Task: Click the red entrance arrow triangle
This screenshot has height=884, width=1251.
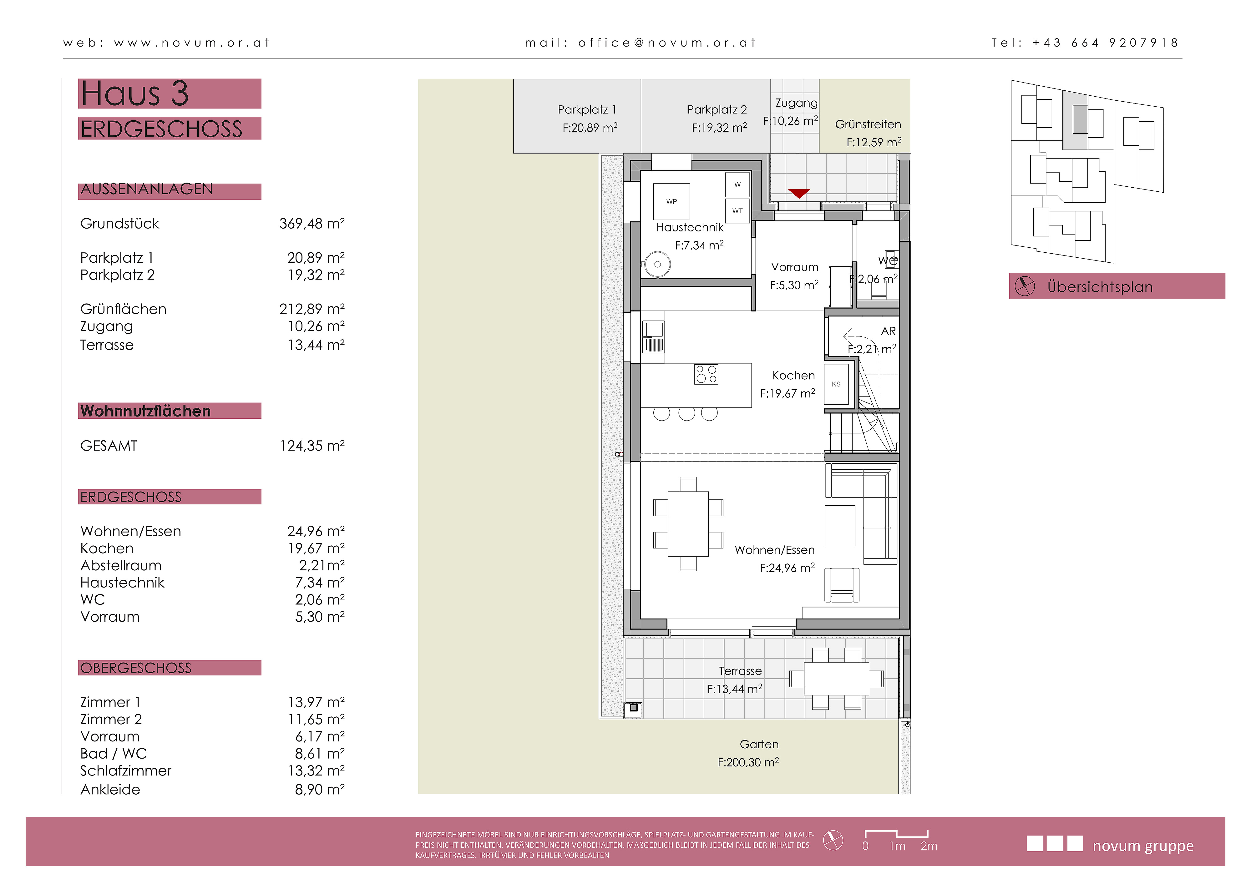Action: [799, 193]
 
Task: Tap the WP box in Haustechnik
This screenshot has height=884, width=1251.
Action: [672, 201]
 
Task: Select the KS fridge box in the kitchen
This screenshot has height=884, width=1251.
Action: [836, 384]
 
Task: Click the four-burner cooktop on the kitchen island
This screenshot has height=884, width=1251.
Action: [706, 374]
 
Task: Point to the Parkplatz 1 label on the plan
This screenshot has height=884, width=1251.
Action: [587, 109]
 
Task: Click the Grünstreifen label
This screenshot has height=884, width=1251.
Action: [868, 124]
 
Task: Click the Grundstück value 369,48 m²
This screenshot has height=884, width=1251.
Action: [312, 223]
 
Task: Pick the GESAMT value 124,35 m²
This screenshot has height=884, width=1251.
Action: [312, 446]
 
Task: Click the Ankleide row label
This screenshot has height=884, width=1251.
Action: [110, 789]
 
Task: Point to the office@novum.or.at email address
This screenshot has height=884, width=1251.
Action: [667, 43]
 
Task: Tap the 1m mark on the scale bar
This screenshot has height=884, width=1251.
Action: [897, 846]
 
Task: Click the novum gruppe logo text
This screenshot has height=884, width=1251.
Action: [1143, 846]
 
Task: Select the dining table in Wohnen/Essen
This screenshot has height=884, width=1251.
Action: [688, 523]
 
